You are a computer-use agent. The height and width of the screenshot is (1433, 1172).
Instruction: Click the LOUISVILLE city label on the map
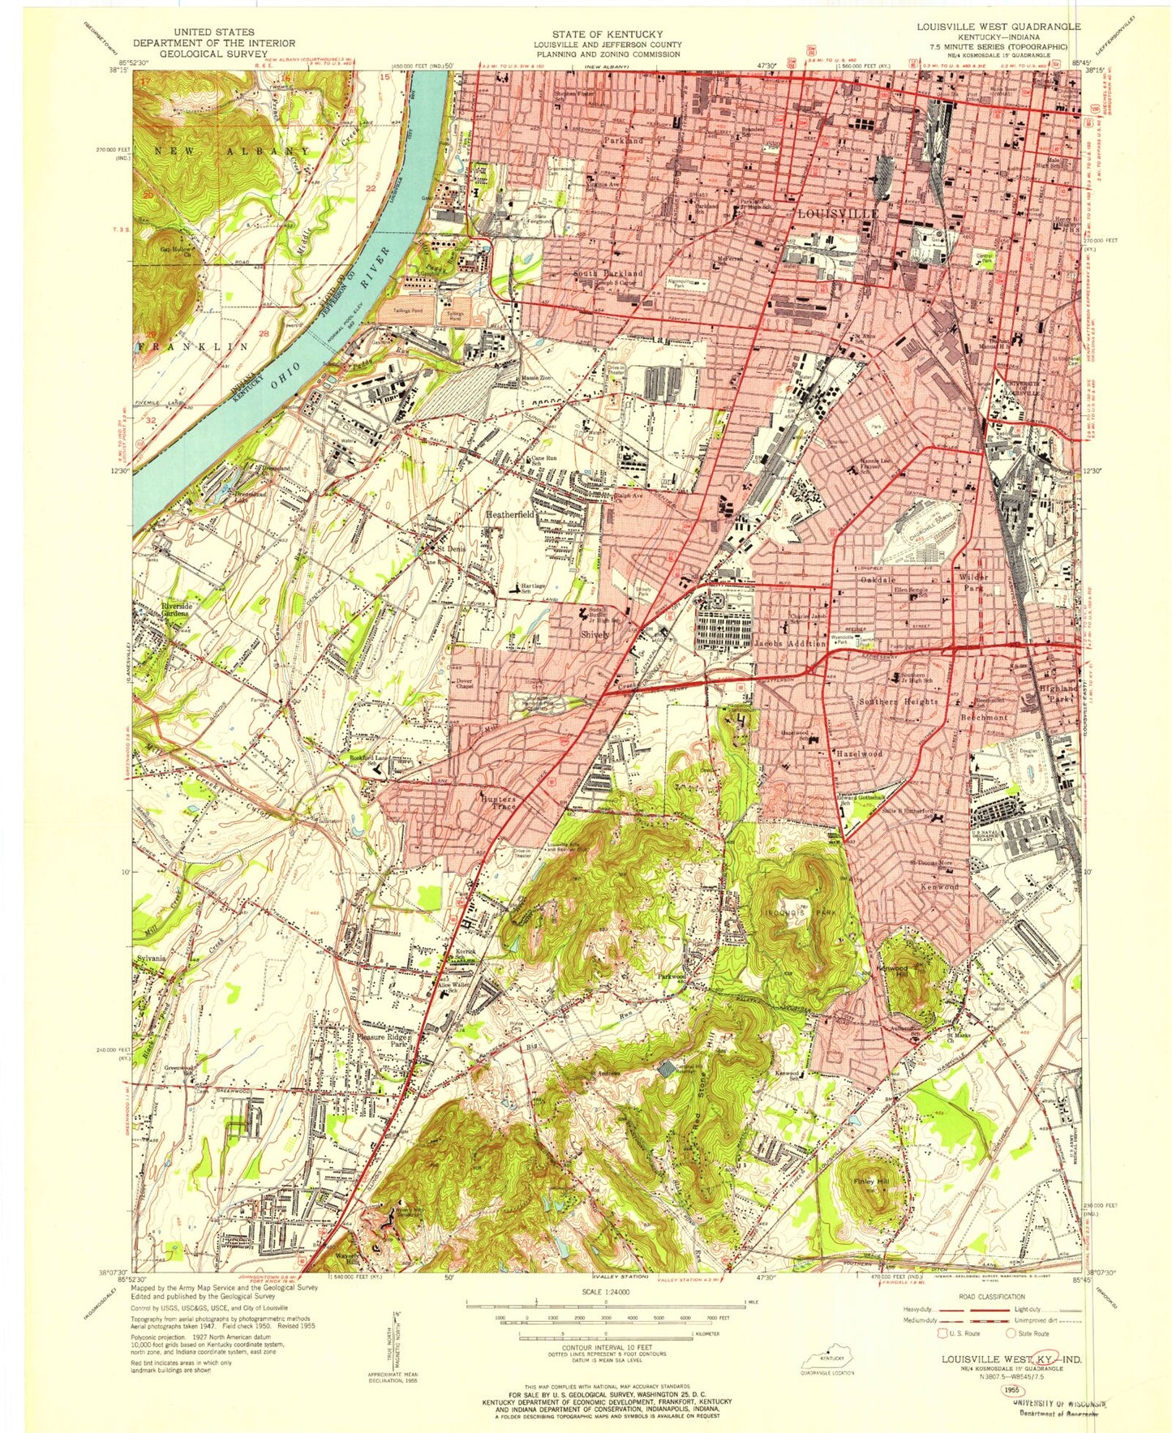839,213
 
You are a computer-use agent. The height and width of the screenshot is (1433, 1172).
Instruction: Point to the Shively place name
594,634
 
